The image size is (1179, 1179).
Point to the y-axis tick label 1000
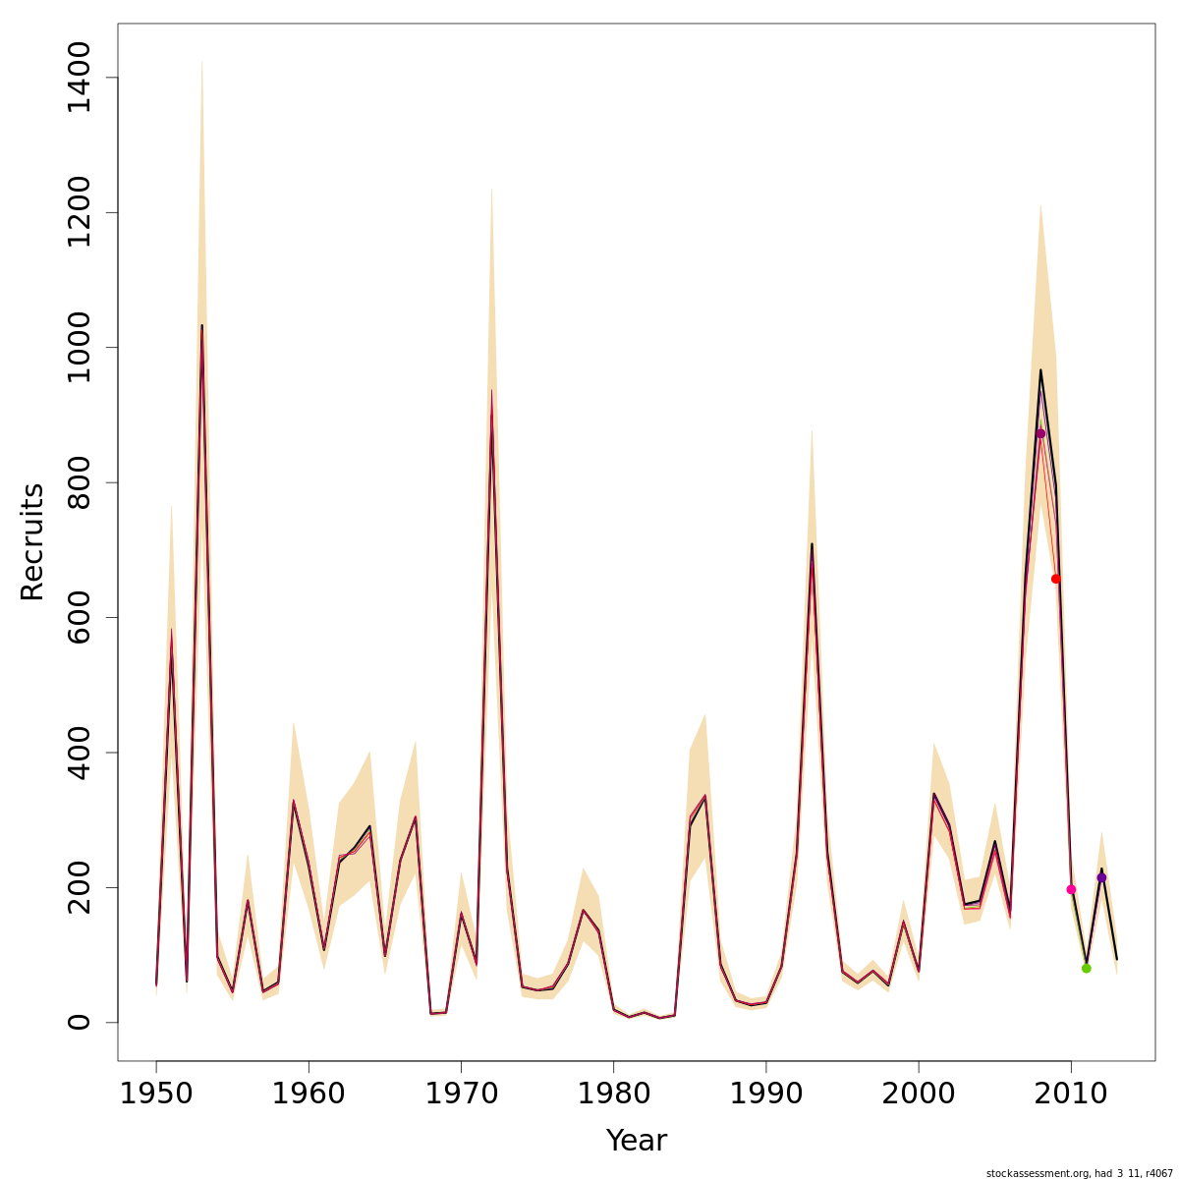pos(79,347)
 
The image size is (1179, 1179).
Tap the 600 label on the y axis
pos(79,617)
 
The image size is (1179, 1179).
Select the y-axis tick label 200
pos(79,887)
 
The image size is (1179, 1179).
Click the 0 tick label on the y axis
pos(79,1022)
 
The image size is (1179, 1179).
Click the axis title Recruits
pos(32,541)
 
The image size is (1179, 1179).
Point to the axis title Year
pos(636,1141)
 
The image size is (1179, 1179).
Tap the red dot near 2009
pos(1056,579)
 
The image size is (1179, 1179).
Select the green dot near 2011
pos(1086,968)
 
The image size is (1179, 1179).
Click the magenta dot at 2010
pos(1071,889)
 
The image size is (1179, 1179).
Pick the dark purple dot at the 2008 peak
pos(1040,433)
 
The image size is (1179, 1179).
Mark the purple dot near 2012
pos(1101,877)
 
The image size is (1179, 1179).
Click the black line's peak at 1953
pos(202,325)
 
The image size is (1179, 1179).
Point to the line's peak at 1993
pos(812,544)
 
